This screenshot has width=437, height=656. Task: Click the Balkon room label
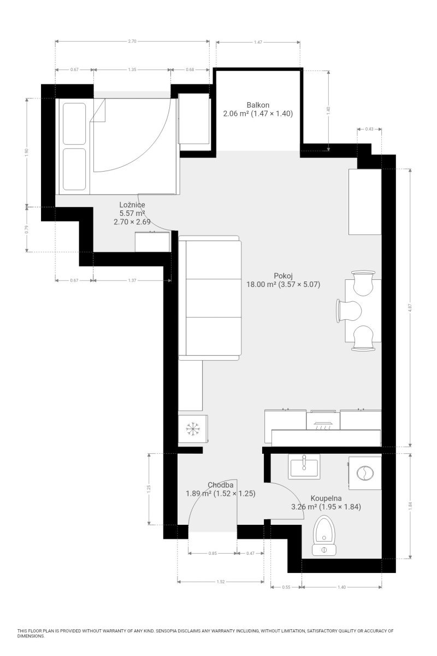[258, 105]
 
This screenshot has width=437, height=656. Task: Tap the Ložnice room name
[132, 204]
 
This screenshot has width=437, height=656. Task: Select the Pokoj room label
[283, 276]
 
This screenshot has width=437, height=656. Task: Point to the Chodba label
[220, 485]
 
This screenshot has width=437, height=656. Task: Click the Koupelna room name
[326, 498]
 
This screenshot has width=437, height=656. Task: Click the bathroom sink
[304, 466]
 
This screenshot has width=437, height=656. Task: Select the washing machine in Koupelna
[365, 473]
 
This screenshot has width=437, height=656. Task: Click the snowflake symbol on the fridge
[193, 429]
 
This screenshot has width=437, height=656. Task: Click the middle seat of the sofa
[214, 298]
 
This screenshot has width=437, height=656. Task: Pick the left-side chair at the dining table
[349, 311]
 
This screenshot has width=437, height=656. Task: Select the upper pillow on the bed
[74, 124]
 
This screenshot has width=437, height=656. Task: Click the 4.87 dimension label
[410, 307]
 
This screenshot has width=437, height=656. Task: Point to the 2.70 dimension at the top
[132, 42]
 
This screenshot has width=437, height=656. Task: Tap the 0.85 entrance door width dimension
[212, 553]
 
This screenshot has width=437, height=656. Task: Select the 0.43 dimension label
[369, 129]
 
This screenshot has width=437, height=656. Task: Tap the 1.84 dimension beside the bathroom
[410, 505]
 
